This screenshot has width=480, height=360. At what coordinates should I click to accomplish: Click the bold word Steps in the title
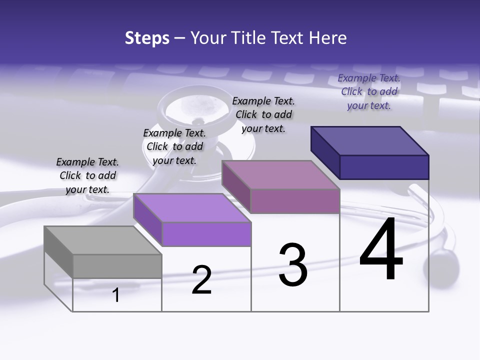click(x=147, y=38)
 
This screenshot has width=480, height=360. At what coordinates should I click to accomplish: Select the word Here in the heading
click(x=328, y=38)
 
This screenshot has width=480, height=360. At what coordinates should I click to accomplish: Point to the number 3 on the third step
click(x=293, y=265)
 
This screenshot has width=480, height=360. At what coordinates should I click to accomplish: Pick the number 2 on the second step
click(x=201, y=280)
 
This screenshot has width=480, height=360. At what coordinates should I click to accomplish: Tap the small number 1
click(x=116, y=295)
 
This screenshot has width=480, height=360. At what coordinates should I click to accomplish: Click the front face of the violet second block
click(x=206, y=234)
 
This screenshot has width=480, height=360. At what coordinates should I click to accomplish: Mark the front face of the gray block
click(x=117, y=266)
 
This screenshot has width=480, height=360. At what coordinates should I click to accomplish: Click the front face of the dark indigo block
click(x=384, y=166)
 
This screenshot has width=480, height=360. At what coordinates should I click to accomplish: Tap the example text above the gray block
click(x=87, y=175)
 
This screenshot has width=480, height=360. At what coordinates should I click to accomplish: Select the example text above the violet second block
click(x=174, y=146)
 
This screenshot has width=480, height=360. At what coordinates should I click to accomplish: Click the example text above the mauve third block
click(x=263, y=114)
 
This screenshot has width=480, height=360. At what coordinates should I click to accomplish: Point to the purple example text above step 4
click(x=369, y=91)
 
